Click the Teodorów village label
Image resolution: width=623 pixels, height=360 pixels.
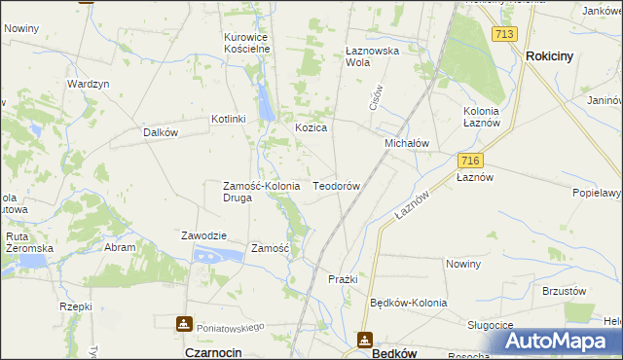(337, 185)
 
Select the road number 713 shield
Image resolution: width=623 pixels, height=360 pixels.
(503, 34)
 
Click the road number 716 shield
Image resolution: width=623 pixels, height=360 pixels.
(470, 160)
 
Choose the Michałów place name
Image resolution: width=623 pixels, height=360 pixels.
(407, 143)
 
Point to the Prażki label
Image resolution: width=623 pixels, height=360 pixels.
(343, 279)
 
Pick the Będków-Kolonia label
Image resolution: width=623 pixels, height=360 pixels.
(409, 303)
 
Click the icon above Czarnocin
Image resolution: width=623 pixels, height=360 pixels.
(184, 324)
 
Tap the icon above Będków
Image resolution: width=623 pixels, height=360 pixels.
(365, 340)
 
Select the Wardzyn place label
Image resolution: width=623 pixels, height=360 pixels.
(88, 84)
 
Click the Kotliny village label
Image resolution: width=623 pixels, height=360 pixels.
(229, 119)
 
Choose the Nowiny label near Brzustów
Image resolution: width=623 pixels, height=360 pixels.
(463, 265)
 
